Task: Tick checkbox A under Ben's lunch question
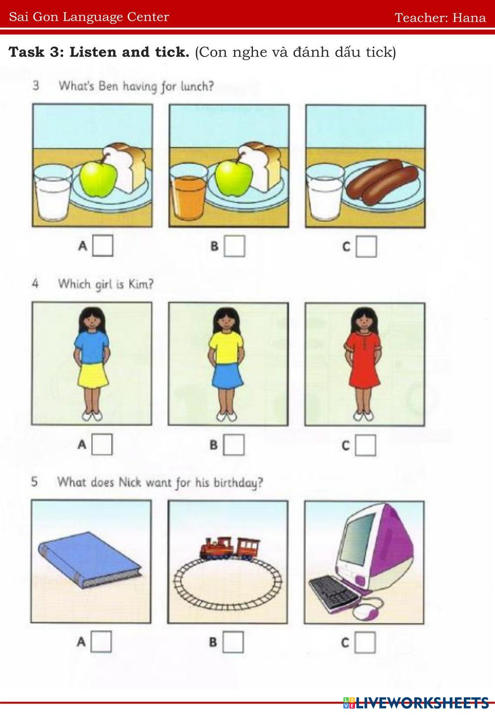click(x=103, y=246)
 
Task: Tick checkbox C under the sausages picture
click(x=366, y=247)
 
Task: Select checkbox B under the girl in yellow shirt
click(x=234, y=445)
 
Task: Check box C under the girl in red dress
click(x=365, y=445)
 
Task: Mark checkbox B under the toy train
click(x=233, y=642)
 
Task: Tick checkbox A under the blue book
click(x=101, y=642)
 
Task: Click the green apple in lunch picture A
click(x=98, y=178)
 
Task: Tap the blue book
click(x=90, y=560)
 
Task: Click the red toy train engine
click(x=216, y=548)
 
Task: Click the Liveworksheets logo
click(x=416, y=703)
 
